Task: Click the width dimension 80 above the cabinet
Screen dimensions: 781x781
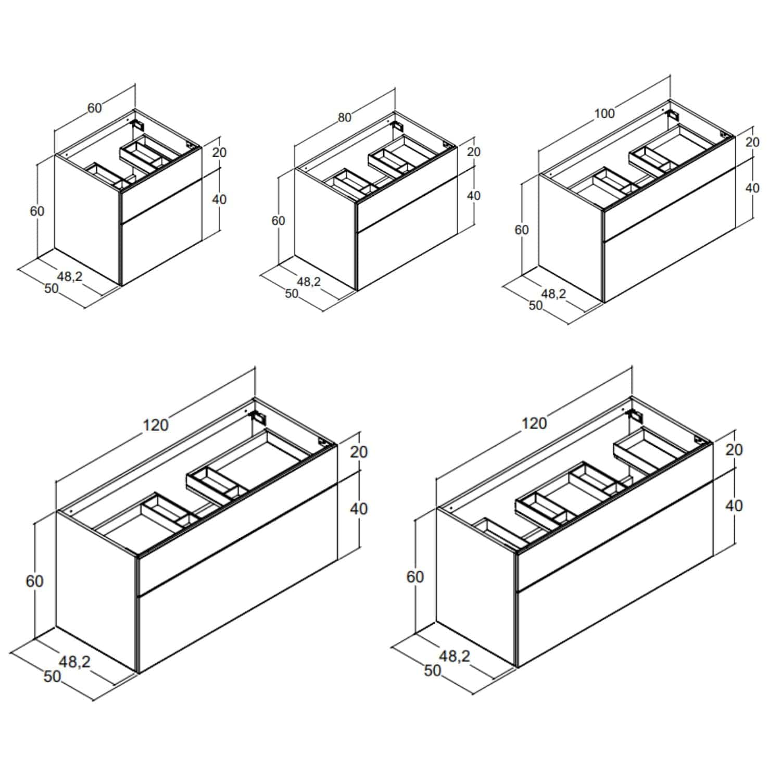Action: tap(345, 118)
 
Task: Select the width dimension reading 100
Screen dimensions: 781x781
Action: tap(604, 113)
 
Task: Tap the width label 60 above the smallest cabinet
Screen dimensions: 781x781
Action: tap(94, 108)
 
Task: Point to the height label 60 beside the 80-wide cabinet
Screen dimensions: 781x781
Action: tap(279, 221)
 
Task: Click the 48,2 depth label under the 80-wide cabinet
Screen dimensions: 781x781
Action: tap(309, 282)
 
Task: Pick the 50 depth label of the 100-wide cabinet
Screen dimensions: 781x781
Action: tap(536, 306)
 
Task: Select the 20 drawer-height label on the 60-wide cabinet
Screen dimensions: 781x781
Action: tap(220, 153)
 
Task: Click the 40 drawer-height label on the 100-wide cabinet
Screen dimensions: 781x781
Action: tap(752, 188)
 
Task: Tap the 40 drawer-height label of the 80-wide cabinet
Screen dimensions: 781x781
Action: tap(474, 196)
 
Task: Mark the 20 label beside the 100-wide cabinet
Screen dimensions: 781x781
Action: tap(752, 142)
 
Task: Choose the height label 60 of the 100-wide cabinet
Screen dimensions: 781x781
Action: tap(522, 230)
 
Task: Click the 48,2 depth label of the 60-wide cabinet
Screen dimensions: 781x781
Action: tap(70, 276)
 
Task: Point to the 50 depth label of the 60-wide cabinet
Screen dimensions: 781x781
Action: tap(52, 288)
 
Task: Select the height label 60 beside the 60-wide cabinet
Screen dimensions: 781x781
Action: tap(37, 211)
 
